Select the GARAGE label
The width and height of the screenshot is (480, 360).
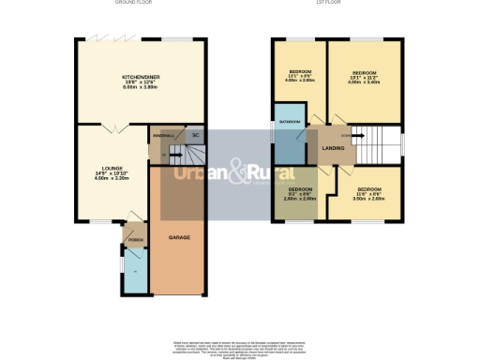(x=179, y=237)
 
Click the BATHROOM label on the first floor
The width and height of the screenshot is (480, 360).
(x=291, y=123)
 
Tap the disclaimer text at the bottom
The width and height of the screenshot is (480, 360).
(x=240, y=347)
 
